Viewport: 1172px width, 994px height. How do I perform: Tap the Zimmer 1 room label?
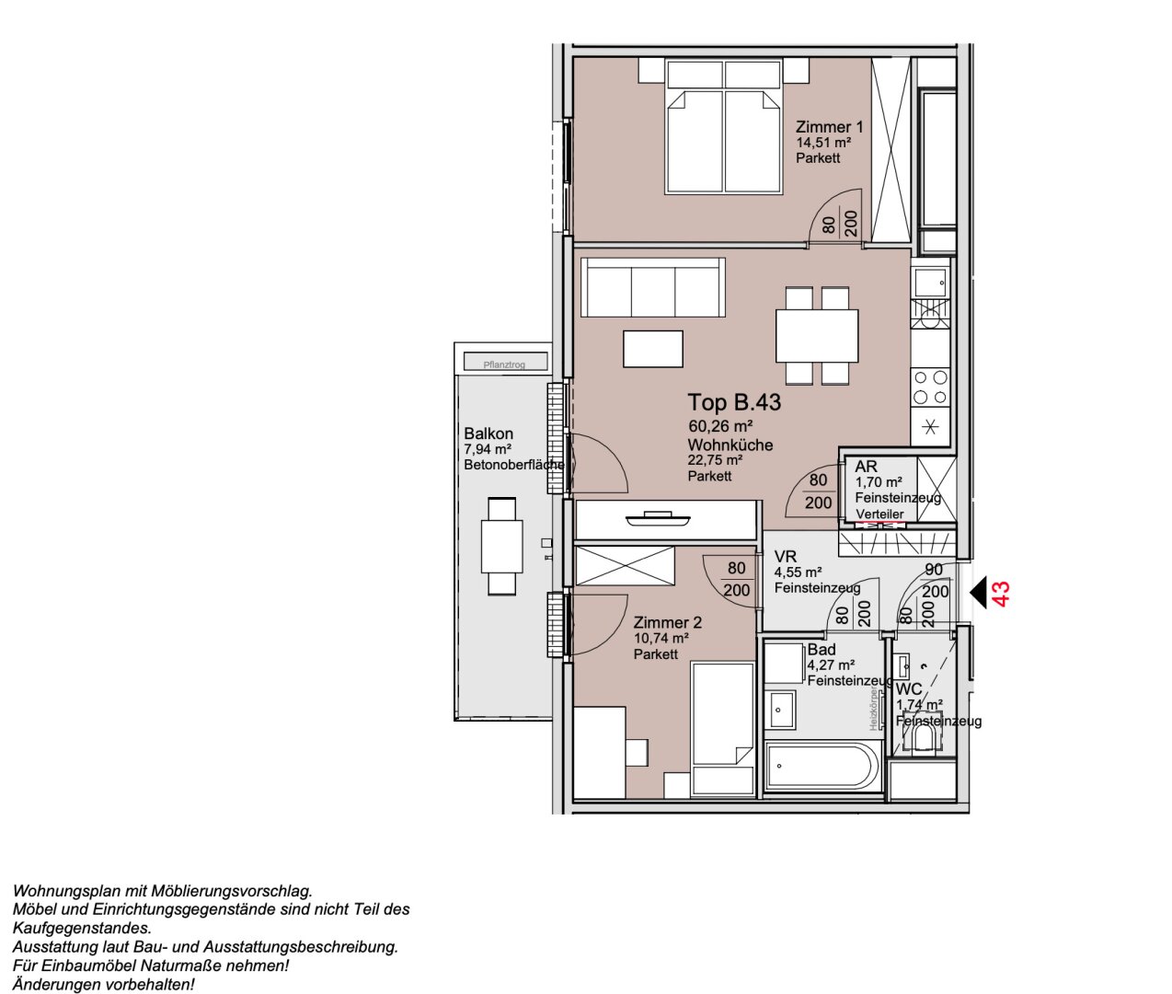pyautogui.click(x=829, y=127)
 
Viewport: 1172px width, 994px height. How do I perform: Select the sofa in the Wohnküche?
pyautogui.click(x=653, y=288)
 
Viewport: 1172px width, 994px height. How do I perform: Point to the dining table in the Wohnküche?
pyautogui.click(x=817, y=336)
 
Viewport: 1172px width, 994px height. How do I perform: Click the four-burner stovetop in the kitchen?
pyautogui.click(x=930, y=387)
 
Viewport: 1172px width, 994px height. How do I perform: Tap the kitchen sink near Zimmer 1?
pyautogui.click(x=930, y=280)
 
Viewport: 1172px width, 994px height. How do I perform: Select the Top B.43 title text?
pyautogui.click(x=734, y=402)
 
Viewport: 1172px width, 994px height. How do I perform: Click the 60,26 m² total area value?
pyautogui.click(x=720, y=426)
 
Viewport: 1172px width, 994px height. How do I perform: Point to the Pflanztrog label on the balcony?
pyautogui.click(x=503, y=364)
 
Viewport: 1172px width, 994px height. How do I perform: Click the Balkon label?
pyautogui.click(x=488, y=433)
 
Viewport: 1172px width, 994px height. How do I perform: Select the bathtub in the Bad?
pyautogui.click(x=822, y=766)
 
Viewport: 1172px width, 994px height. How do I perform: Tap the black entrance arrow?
pyautogui.click(x=979, y=592)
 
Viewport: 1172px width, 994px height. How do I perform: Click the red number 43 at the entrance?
pyautogui.click(x=1003, y=593)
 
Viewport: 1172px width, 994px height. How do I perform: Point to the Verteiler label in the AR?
pyautogui.click(x=879, y=514)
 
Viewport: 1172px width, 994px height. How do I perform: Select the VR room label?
pyautogui.click(x=785, y=557)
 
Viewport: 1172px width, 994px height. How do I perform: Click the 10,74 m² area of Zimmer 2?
pyautogui.click(x=661, y=638)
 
